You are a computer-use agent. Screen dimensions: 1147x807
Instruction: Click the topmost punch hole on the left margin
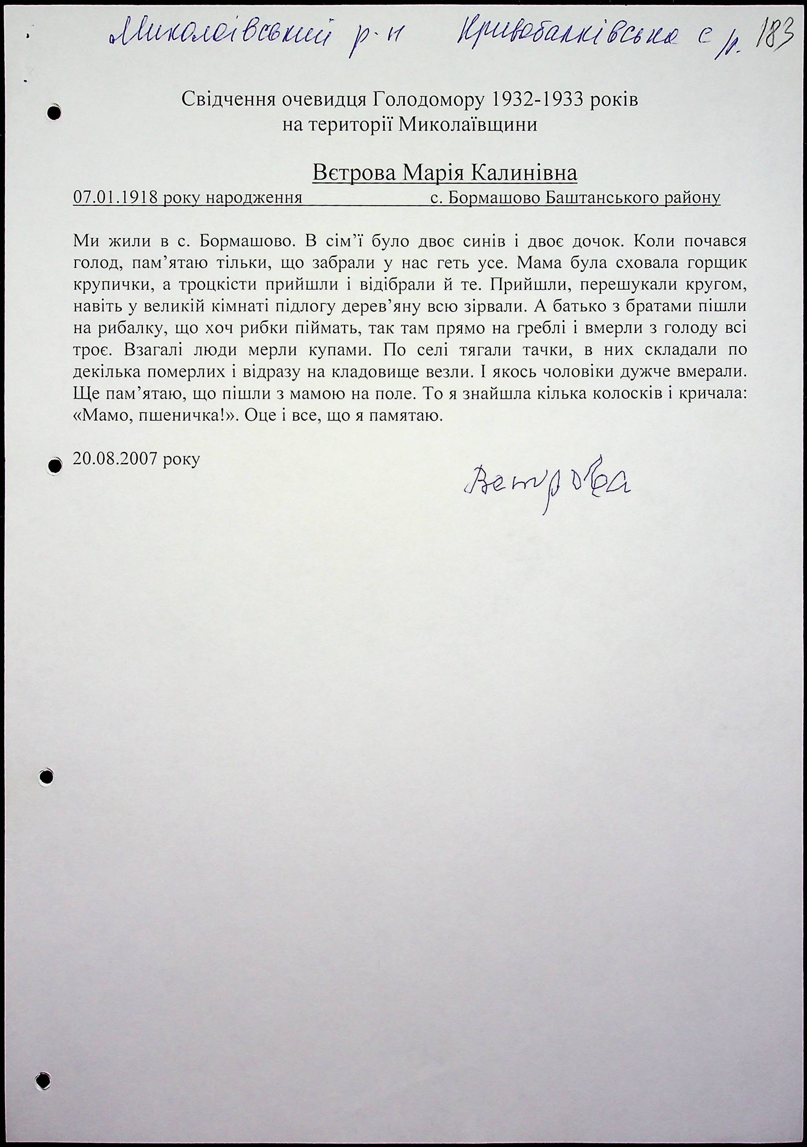[x=54, y=113]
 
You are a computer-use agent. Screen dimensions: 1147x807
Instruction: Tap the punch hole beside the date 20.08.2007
[x=55, y=465]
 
